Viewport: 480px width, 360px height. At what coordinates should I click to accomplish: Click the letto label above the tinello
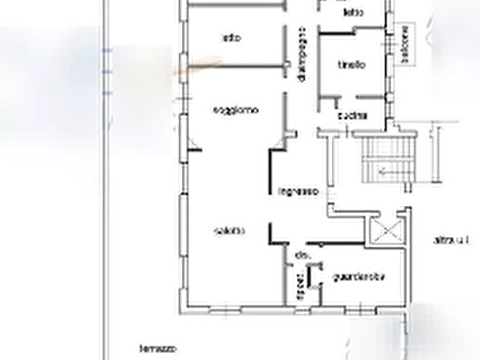point(353,12)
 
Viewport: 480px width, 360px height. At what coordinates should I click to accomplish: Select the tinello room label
point(355,66)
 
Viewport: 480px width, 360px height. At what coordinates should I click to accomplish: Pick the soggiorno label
point(239,111)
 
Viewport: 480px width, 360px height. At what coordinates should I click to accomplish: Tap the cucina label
point(352,116)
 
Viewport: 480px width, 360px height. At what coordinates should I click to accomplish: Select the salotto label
point(226,231)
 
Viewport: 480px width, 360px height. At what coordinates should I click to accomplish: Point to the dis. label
point(301,257)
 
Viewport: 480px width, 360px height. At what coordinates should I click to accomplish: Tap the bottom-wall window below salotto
point(223,307)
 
